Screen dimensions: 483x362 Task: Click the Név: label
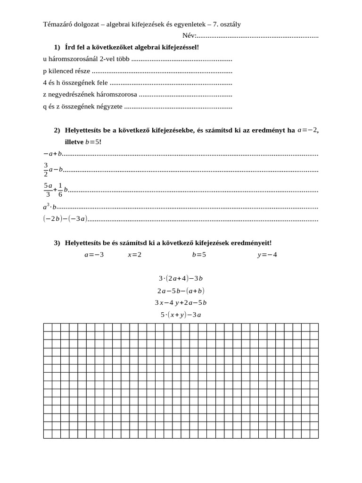tap(189, 35)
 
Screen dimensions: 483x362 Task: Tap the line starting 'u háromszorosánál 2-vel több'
tap(86, 59)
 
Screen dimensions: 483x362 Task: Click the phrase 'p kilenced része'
tap(66, 71)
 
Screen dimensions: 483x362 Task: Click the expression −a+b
tap(53, 154)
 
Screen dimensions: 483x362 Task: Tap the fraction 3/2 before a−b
tap(46, 169)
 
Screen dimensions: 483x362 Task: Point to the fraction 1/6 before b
tap(60, 189)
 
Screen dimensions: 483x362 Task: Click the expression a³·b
tap(49, 207)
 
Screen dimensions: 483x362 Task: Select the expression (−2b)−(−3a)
tap(65, 219)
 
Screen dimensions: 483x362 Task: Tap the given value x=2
tap(134, 255)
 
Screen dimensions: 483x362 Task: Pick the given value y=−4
tap(267, 255)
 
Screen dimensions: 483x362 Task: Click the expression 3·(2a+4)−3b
tap(181, 279)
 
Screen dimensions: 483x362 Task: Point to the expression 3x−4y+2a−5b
tap(181, 303)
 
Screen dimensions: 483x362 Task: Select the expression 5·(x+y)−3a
tap(181, 315)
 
